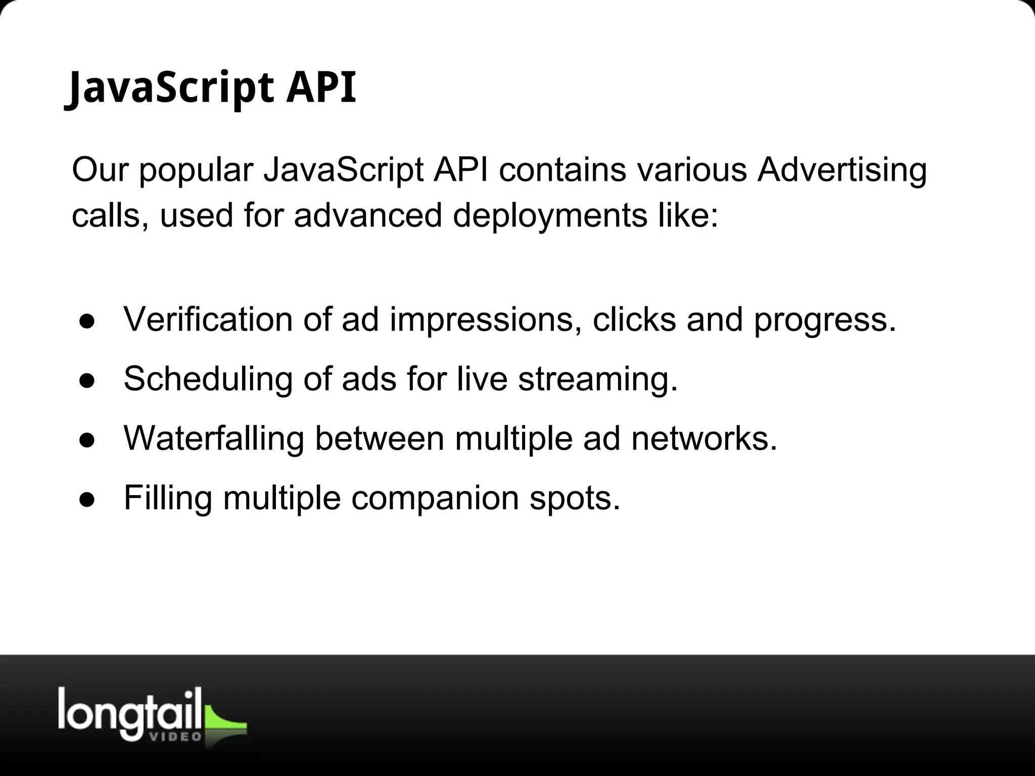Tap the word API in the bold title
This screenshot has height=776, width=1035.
coord(321,88)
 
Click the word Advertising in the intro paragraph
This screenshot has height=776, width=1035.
coord(842,170)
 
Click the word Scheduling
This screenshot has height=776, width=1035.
coord(208,380)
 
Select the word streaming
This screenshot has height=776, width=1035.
coord(597,380)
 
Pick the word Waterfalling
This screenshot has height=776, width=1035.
coord(214,438)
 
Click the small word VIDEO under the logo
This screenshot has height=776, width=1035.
coord(176,737)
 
